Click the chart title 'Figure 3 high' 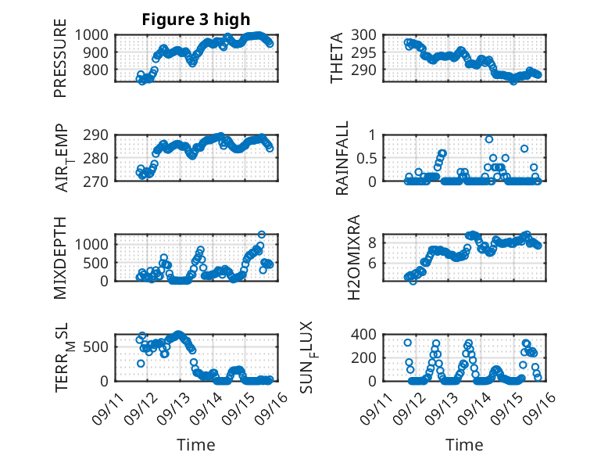pos(196,20)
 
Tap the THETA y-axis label pos(337,58)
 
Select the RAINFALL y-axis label pos(343,158)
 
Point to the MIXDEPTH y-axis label pos(60,257)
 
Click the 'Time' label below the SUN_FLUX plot pos(464,444)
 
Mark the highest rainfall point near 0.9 pos(489,139)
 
